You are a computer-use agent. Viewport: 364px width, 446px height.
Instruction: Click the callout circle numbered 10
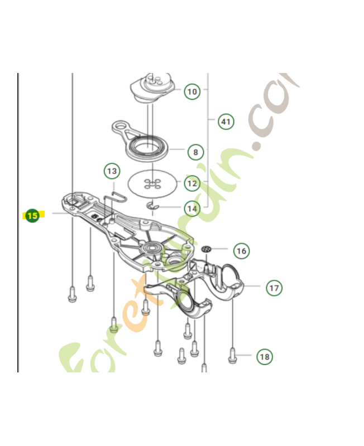pyautogui.click(x=192, y=91)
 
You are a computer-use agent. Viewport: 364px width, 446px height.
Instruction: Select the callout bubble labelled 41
pyautogui.click(x=226, y=121)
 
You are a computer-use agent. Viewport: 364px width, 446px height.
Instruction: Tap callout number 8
pyautogui.click(x=195, y=151)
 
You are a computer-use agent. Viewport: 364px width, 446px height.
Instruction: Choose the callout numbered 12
pyautogui.click(x=192, y=183)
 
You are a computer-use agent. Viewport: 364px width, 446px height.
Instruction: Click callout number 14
pyautogui.click(x=192, y=209)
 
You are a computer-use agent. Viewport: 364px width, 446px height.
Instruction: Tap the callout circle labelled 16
pyautogui.click(x=241, y=251)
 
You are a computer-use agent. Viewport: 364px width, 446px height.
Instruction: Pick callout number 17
pyautogui.click(x=274, y=288)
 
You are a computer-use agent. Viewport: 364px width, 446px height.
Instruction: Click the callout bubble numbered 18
pyautogui.click(x=265, y=356)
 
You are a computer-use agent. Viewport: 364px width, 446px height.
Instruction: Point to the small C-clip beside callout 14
pyautogui.click(x=153, y=208)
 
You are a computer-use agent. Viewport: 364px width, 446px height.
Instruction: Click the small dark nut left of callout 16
pyautogui.click(x=207, y=249)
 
